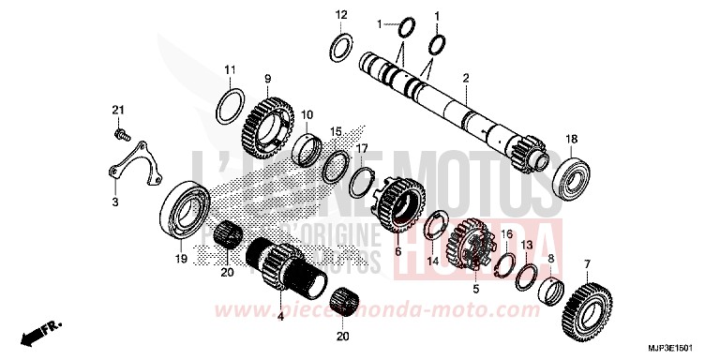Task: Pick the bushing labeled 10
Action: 307,148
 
